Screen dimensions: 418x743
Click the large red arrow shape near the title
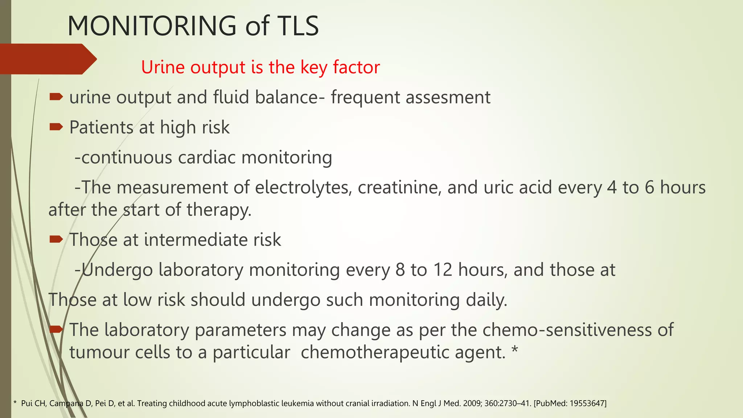pyautogui.click(x=47, y=59)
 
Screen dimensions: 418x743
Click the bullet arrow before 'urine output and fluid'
pyautogui.click(x=56, y=97)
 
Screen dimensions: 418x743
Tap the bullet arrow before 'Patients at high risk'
pyautogui.click(x=56, y=127)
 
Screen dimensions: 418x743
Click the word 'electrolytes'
pyautogui.click(x=303, y=188)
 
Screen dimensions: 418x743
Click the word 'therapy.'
pyautogui.click(x=219, y=210)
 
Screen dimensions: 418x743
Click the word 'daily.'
pyautogui.click(x=487, y=300)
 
